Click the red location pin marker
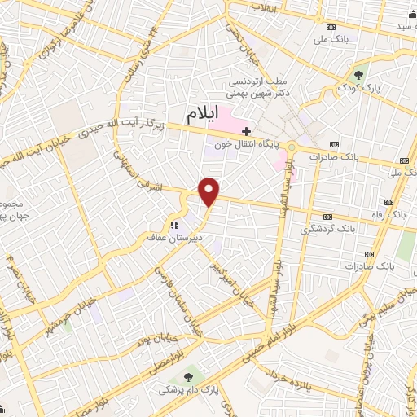click(x=209, y=191)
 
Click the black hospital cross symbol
click(x=246, y=131)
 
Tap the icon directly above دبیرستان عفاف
click(x=173, y=224)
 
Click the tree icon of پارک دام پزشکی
click(x=190, y=376)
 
